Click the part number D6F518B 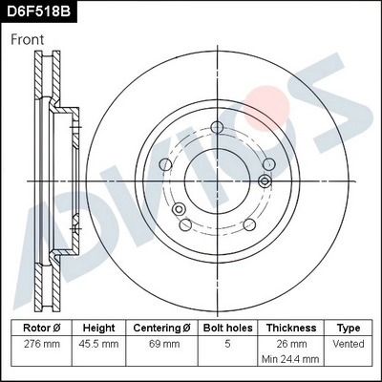[x=39, y=11]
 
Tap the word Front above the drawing [x=29, y=40]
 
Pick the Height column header [x=98, y=327]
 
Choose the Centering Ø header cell [x=164, y=327]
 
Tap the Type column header [x=350, y=327]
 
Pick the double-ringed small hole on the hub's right [x=264, y=180]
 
